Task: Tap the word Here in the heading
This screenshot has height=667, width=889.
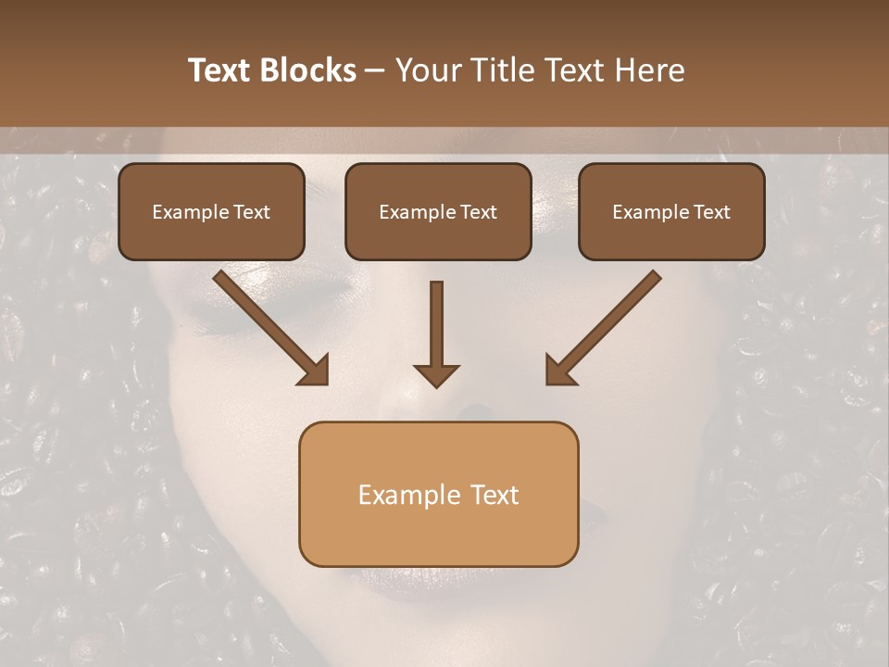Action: coord(648,70)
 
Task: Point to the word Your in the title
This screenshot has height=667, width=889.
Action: coord(429,70)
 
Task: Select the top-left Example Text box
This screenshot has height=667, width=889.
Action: coord(211,211)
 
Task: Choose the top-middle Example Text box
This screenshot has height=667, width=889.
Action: coord(438,211)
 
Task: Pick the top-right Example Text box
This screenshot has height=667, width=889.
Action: coord(671,211)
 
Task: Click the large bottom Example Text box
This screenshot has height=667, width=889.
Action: coord(438,494)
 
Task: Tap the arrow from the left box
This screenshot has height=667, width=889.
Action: coord(269,326)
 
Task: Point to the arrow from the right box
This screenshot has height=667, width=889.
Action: coord(606,326)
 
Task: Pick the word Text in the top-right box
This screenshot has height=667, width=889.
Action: coord(711,212)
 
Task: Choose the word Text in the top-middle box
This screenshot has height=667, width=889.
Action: coord(478,212)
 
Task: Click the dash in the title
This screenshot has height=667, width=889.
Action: coord(375,70)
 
